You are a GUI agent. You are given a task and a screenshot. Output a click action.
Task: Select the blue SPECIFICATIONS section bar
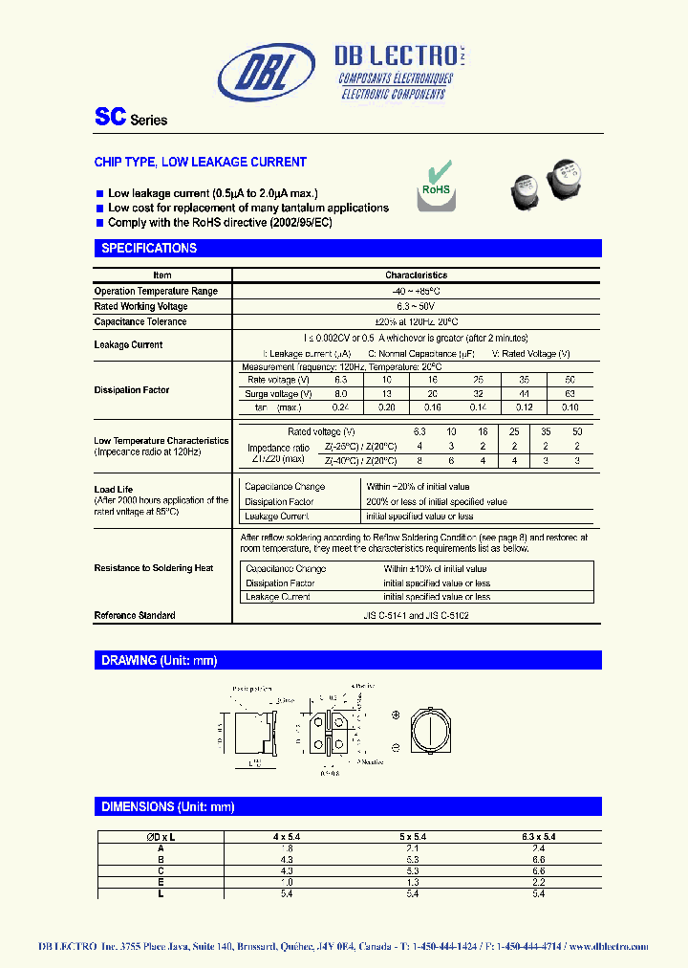pyautogui.click(x=348, y=248)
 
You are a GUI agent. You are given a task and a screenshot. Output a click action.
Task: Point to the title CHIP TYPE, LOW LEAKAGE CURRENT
pyautogui.click(x=200, y=163)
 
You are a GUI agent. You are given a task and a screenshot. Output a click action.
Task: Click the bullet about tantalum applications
pyautogui.click(x=247, y=208)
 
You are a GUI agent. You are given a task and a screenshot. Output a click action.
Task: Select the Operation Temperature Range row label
pyautogui.click(x=156, y=291)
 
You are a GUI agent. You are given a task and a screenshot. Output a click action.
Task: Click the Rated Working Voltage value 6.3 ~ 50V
pyautogui.click(x=416, y=306)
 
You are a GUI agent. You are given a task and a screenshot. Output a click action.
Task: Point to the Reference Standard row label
pyautogui.click(x=135, y=616)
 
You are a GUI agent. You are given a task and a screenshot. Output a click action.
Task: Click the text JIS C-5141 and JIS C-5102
pyautogui.click(x=416, y=616)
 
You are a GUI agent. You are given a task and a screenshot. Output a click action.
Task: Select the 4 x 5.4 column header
pyautogui.click(x=288, y=837)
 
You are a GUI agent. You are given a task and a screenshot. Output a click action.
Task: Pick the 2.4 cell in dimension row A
pyautogui.click(x=541, y=848)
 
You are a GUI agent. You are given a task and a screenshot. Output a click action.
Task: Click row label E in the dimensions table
pyautogui.click(x=161, y=883)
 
